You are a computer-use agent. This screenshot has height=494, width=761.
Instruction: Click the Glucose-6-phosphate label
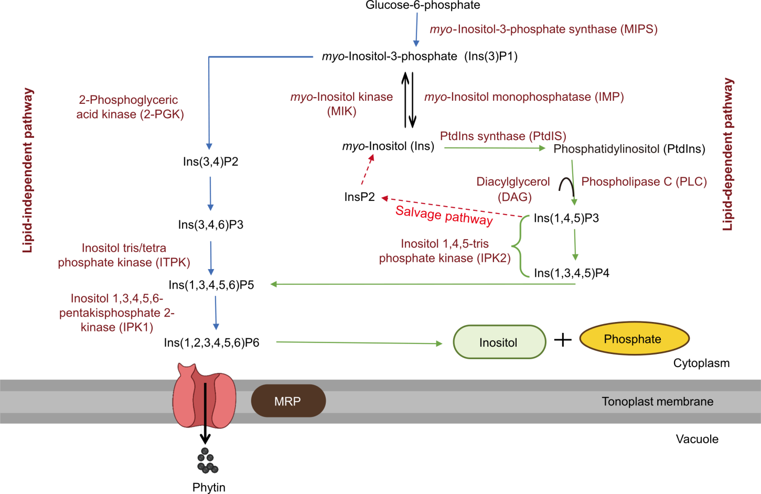423,6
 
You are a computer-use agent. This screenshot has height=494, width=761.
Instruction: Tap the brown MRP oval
288,401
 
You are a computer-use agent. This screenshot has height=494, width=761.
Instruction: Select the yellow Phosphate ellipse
634,339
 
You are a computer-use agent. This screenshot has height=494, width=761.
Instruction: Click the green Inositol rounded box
499,342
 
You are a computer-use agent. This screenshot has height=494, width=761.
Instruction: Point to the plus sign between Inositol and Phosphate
563,340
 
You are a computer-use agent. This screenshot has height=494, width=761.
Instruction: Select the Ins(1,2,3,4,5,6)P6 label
211,343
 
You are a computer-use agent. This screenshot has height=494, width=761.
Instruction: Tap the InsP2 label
359,197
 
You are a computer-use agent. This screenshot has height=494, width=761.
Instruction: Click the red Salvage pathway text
444,215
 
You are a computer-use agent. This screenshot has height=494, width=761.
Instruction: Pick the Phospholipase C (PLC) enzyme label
644,182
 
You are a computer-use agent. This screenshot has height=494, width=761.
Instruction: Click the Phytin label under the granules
209,487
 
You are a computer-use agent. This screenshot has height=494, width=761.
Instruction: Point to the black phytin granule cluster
207,461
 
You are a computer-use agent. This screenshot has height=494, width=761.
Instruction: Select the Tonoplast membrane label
657,402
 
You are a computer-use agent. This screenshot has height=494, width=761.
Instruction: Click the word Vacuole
696,439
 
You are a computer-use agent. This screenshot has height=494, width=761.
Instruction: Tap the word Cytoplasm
701,363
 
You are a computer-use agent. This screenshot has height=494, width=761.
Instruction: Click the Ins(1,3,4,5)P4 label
571,273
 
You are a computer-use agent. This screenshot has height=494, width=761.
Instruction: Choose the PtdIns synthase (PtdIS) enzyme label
503,136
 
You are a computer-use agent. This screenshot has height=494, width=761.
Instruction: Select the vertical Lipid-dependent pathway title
728,155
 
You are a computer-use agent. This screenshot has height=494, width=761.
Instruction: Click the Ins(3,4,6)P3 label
211,225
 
